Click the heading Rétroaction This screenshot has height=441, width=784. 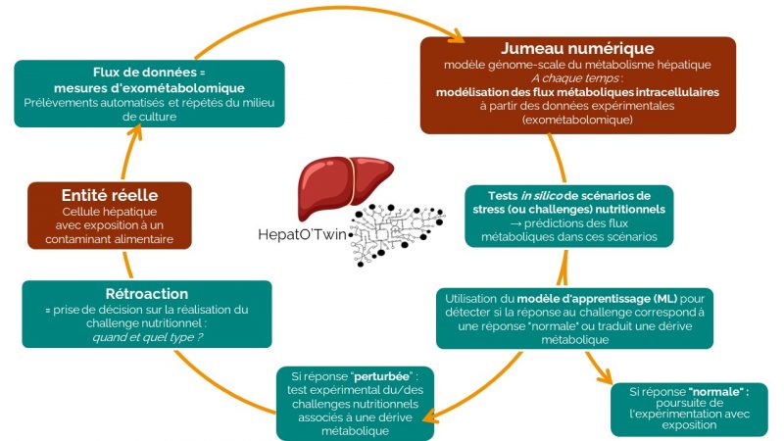(145, 293)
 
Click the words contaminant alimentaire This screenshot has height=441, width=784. (117, 238)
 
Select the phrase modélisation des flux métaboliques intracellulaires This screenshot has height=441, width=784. (577, 92)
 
